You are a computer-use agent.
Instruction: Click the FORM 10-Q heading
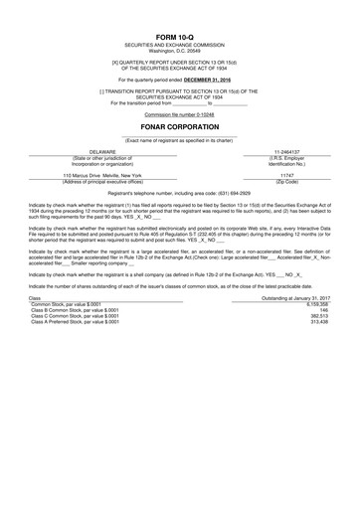coord(179,36)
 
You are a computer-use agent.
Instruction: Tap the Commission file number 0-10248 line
coord(179,116)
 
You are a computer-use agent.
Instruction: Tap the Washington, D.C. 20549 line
coord(179,51)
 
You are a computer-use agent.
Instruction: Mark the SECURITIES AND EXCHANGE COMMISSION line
coord(179,45)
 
